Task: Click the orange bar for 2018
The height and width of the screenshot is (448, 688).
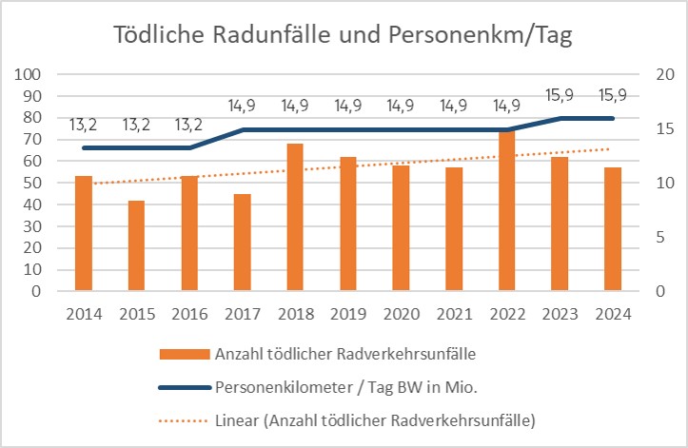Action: coord(296,218)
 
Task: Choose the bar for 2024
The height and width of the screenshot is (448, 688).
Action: coord(613,229)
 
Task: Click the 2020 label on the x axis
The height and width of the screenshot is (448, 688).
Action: coord(402,312)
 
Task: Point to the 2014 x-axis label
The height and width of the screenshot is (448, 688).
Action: coord(85,312)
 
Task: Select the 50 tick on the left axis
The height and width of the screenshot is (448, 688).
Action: coord(32,183)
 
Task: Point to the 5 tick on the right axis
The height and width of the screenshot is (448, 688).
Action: coord(656,237)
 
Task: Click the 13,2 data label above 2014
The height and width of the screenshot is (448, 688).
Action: coord(85,125)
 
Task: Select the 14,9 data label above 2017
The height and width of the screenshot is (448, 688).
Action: coord(244,107)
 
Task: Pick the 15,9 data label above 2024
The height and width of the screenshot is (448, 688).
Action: coord(613,96)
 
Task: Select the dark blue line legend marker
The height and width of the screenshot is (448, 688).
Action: coord(187,387)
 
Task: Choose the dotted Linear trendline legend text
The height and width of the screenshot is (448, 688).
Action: coord(374,419)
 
